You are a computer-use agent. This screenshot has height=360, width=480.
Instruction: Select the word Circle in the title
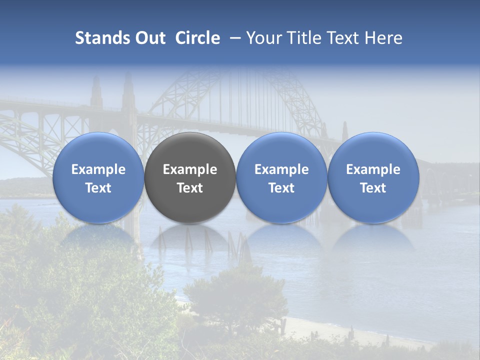coord(197,38)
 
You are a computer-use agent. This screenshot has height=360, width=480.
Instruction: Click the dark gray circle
coord(190,177)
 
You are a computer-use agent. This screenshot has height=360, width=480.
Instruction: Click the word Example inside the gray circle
coord(190,169)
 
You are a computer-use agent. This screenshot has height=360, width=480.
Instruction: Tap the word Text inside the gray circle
coord(190,188)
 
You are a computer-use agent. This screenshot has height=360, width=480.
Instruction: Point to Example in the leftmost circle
coord(98,169)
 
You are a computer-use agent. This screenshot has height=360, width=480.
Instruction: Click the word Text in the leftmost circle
coord(98,188)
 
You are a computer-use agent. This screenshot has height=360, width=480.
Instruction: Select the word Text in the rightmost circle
coord(373,188)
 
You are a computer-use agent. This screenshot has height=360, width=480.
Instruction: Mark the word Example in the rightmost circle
coord(373,169)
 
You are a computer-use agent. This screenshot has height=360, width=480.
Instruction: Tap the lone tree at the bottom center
coord(235,295)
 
